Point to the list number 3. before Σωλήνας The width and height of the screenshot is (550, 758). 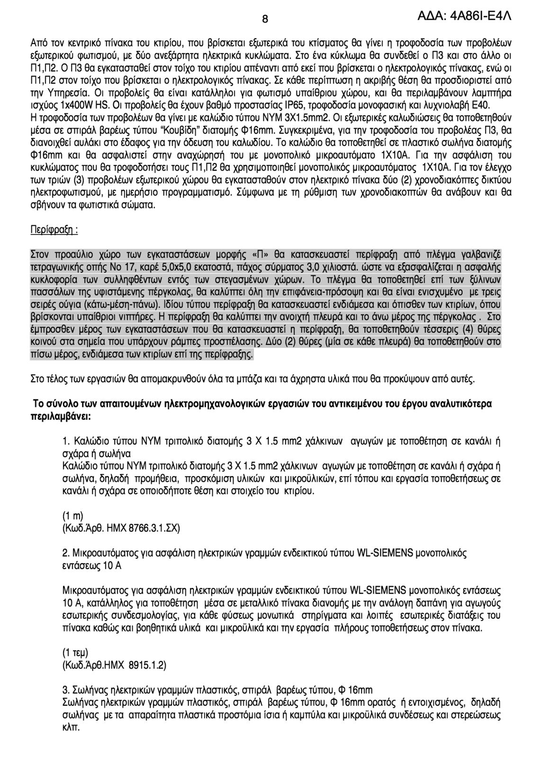tap(65, 689)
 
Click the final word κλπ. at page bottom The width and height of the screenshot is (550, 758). tap(71, 727)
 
